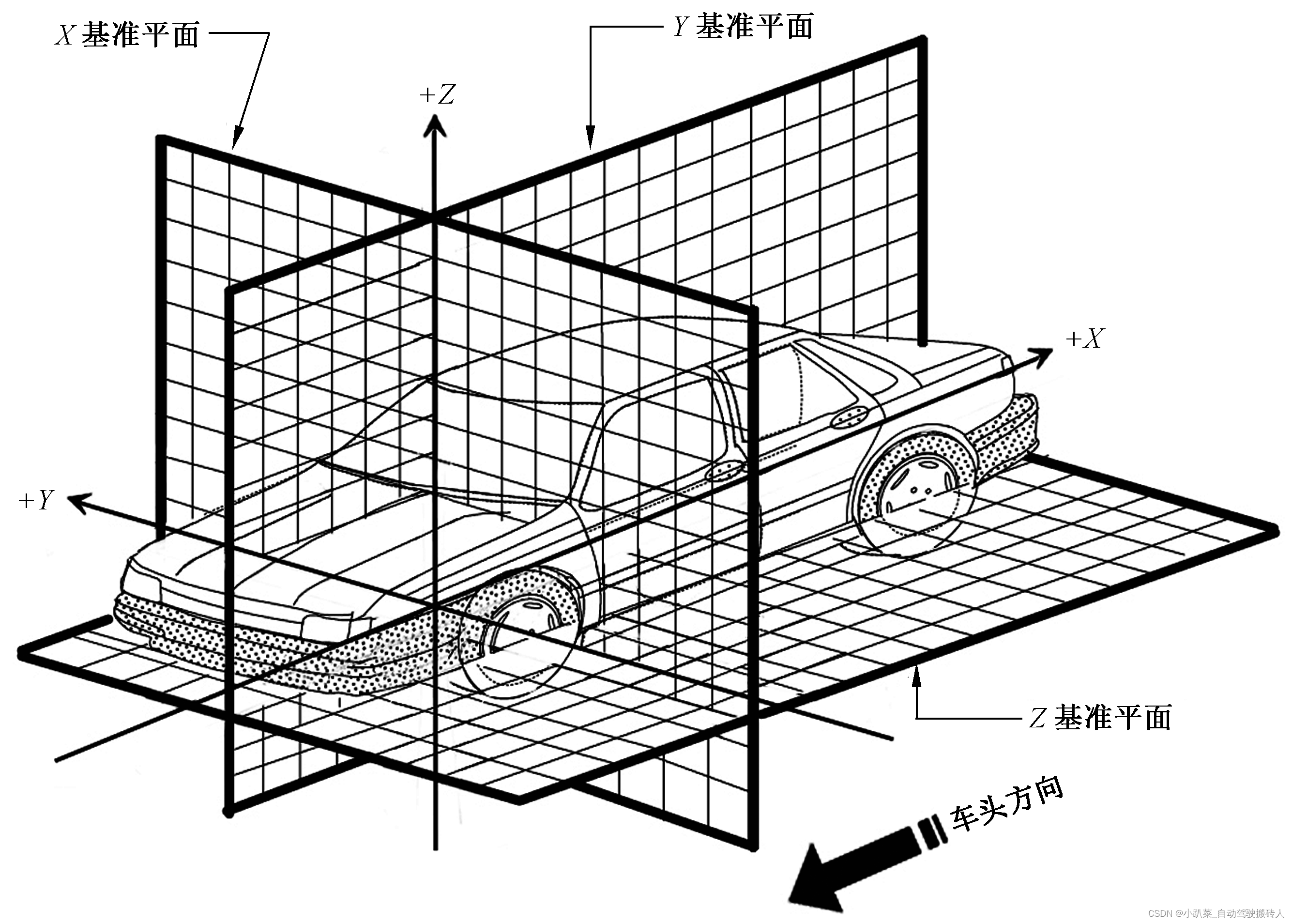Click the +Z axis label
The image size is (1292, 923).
point(438,94)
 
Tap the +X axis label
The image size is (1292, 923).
point(1085,339)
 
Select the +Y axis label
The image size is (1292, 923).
point(36,500)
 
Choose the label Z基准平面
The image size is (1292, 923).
point(1100,717)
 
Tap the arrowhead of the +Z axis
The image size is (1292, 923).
point(435,125)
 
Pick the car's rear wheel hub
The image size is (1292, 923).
point(920,490)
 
